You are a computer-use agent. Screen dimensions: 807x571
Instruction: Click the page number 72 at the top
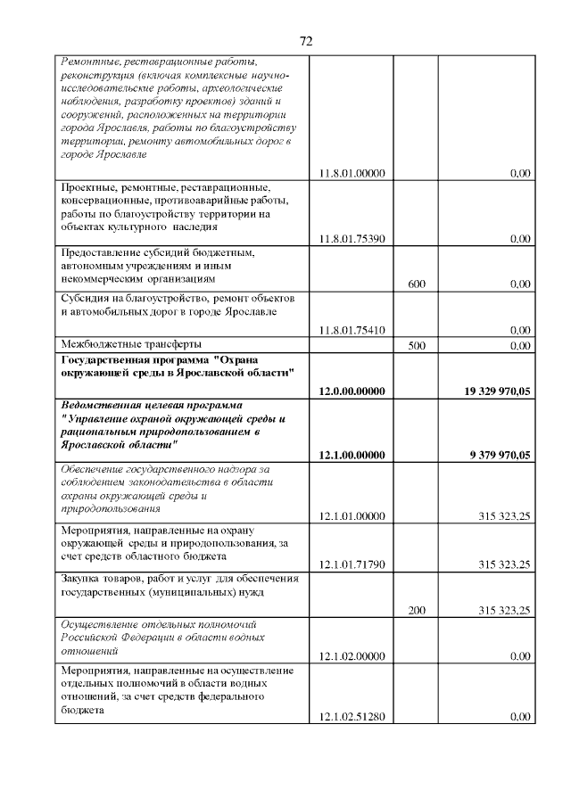pos(305,41)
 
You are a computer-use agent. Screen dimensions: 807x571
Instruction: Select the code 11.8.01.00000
pos(352,174)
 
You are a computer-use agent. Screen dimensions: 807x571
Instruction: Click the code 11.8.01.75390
pos(352,239)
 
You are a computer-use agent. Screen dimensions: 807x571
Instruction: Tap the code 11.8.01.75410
pos(352,330)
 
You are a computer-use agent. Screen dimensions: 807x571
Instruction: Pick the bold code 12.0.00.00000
pos(352,391)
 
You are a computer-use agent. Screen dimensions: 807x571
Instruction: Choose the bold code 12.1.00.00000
pos(352,455)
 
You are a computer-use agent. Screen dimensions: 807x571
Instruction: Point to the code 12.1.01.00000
pos(352,516)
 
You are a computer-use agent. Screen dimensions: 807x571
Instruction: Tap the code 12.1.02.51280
pos(352,717)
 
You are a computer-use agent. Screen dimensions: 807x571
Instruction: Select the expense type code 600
pos(416,284)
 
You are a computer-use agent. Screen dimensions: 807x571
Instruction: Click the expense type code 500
pos(416,344)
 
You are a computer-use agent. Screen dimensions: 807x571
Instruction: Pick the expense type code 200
pos(416,611)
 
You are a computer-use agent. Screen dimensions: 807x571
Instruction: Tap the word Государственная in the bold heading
pos(103,359)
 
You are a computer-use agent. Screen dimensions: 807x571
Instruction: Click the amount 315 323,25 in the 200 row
pos(505,611)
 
